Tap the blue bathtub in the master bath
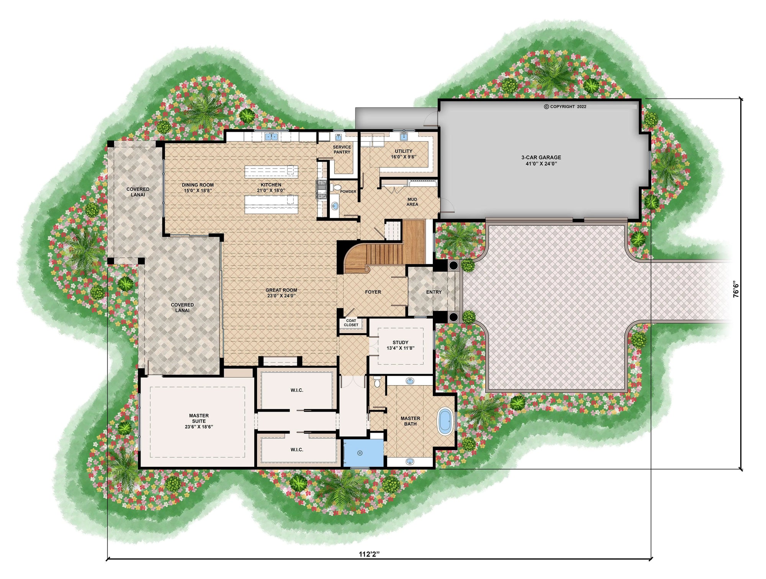[445, 422]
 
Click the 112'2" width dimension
[369, 554]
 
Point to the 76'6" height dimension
[736, 289]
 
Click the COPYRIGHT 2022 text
[565, 106]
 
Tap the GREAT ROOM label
[282, 293]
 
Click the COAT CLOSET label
[351, 323]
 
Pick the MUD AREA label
[412, 202]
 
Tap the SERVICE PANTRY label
[342, 150]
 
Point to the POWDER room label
[348, 191]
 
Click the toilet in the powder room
[336, 188]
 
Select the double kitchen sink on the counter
[272, 136]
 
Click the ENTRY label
[434, 292]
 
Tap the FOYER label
[373, 292]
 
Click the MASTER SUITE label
[199, 421]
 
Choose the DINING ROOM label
[198, 188]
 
